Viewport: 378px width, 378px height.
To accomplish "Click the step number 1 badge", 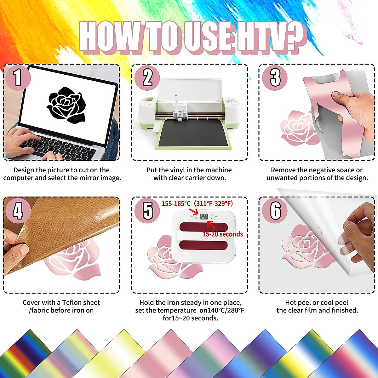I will (x=18, y=77).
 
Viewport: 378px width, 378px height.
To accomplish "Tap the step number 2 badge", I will (x=147, y=77).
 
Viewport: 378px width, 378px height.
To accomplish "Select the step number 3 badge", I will (x=275, y=77).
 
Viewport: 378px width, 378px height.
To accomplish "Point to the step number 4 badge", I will (x=18, y=210).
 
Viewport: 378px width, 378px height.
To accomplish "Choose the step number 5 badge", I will (x=147, y=210).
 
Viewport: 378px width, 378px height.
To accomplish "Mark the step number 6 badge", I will (x=275, y=210).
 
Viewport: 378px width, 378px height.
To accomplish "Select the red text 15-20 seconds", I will (x=222, y=234).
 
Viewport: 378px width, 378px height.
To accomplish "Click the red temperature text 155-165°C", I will (x=176, y=203).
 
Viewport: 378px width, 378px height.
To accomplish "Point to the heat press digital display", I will (x=204, y=216).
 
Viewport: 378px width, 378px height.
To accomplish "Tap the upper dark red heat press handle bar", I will (x=203, y=226).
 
